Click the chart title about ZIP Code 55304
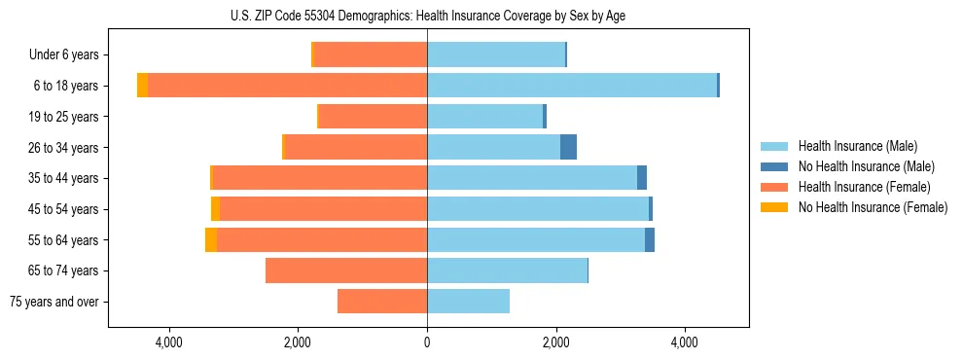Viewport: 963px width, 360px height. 427,15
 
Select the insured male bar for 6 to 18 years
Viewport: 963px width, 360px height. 572,86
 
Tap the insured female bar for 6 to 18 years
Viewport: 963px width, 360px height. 287,86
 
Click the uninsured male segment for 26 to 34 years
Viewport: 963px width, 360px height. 568,147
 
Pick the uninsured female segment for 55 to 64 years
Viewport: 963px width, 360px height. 211,239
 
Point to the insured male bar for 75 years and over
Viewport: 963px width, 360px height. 468,302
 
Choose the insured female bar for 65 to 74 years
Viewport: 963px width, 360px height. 346,270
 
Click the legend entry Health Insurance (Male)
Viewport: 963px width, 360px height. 857,146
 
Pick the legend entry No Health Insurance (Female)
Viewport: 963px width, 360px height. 873,207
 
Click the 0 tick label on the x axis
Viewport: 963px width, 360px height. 427,342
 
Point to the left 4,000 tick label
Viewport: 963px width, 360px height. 169,342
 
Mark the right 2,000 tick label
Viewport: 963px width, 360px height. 555,342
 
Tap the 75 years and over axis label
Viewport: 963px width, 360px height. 54,302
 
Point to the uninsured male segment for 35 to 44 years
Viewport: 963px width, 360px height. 642,178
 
